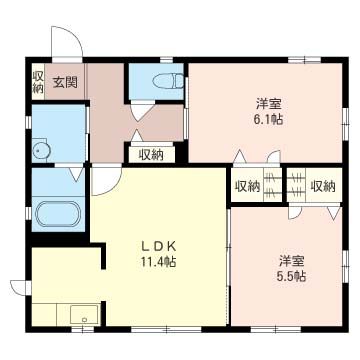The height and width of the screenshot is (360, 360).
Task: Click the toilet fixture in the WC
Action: coord(168,81)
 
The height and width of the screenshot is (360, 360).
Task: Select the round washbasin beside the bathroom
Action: coord(41,151)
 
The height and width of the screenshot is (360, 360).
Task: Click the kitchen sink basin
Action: coord(84,314)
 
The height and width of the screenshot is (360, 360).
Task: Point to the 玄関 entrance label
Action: coord(65,82)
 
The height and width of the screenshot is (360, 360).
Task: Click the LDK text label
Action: coord(158,246)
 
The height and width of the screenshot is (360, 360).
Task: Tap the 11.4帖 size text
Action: coord(158,262)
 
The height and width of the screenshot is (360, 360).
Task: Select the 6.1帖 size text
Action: coord(269,119)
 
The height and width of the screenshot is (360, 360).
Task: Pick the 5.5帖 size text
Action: coord(291,276)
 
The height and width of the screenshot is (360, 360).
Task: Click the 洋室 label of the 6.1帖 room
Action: coord(268,104)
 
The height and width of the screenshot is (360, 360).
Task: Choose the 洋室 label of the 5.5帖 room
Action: coord(291,261)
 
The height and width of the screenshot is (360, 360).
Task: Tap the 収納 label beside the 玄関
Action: coord(38,82)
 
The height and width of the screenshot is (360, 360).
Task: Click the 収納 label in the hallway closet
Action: coord(151,155)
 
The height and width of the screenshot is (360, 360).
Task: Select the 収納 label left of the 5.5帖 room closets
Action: coord(248,187)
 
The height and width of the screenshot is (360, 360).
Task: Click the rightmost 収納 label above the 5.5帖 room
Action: coord(323,187)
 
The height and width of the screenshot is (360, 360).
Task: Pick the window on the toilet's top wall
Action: coord(166,60)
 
